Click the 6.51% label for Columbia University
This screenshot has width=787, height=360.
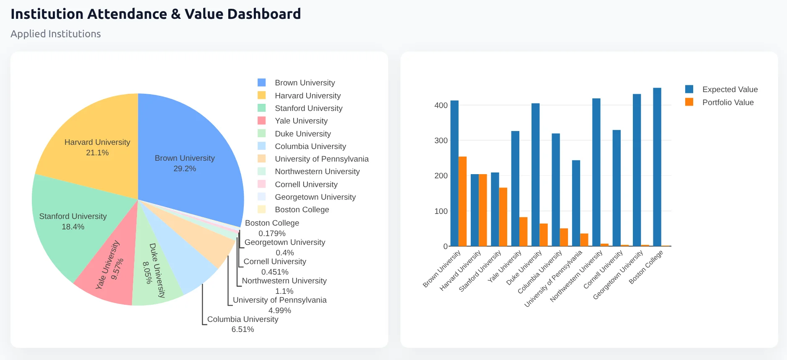[243, 329]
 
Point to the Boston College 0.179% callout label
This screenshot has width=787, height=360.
[272, 228]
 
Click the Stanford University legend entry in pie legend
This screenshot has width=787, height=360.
[308, 108]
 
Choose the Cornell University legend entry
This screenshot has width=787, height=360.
[306, 185]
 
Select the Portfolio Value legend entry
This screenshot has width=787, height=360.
[728, 103]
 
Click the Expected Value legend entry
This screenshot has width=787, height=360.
[730, 90]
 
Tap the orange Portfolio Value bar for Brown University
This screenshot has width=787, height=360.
[462, 201]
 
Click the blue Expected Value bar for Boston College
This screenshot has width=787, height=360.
[657, 167]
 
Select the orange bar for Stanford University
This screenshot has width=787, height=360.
[503, 217]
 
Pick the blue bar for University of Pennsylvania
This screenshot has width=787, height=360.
[576, 203]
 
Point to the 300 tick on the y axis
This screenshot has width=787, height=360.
[441, 141]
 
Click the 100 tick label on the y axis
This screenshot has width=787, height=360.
[441, 211]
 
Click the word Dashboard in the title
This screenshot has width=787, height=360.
[264, 14]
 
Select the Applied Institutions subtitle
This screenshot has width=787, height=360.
[56, 34]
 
